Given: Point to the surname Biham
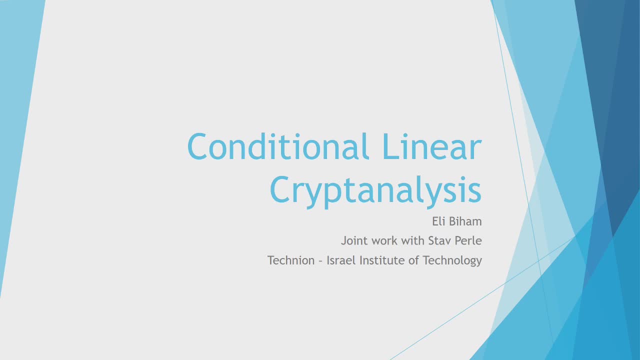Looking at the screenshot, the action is tap(465, 221).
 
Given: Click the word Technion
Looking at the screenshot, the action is tap(291, 260).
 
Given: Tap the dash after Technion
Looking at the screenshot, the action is tap(320, 261).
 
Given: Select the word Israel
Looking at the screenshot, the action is tap(341, 260).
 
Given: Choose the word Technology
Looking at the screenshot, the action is tap(452, 261).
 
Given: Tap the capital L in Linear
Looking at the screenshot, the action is tap(390, 146).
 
